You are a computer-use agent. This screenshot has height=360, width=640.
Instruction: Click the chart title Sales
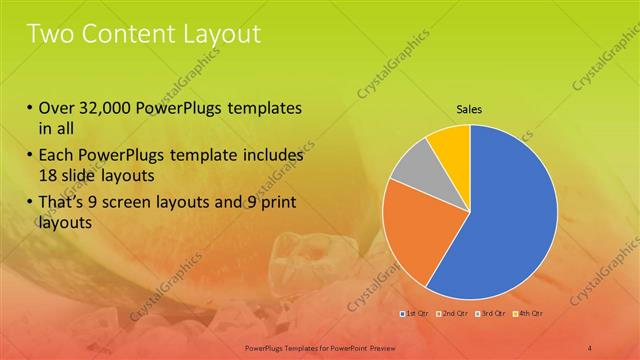pyautogui.click(x=470, y=108)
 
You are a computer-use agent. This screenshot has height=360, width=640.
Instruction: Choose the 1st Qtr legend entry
pyautogui.click(x=415, y=314)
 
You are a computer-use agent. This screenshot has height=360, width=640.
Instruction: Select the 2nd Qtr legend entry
pyautogui.click(x=453, y=314)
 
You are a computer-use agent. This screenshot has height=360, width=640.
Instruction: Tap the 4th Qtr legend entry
pyautogui.click(x=529, y=314)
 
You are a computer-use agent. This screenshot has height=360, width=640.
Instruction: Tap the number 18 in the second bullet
pyautogui.click(x=48, y=175)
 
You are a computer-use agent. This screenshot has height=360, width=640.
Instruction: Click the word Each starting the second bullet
pyautogui.click(x=55, y=156)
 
